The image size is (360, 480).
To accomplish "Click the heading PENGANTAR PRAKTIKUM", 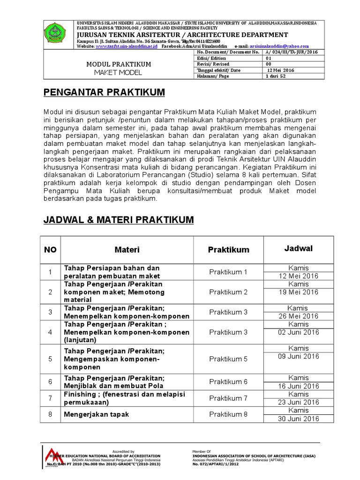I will coord(104,93).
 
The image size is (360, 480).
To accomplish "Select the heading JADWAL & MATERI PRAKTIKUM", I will coord(118,219).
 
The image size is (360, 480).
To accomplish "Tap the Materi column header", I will coord(127,250).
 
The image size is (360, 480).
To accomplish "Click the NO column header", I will coord(50,250).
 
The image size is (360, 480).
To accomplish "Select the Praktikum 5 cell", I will coord(228,359).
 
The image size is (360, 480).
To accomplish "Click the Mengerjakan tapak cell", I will coord(97,414).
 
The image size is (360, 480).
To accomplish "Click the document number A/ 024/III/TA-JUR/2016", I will coord(291,52).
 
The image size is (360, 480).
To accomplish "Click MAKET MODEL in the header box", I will coord(118,73).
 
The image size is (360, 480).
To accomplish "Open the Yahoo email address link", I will coord(280,46).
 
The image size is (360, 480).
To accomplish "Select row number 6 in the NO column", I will coord(50,382).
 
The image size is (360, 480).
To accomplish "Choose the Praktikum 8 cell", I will coord(228,414).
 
